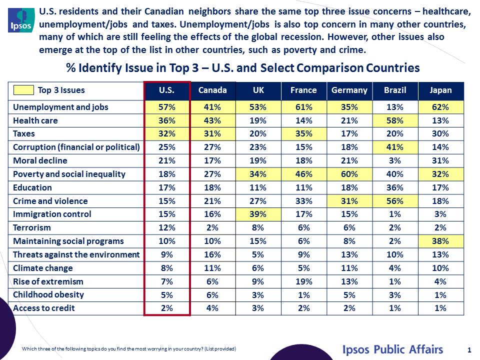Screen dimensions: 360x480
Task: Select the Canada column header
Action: point(212,90)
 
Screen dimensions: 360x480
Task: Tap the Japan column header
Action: point(440,90)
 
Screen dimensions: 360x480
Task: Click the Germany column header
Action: point(349,90)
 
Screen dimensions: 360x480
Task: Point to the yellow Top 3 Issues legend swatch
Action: point(23,90)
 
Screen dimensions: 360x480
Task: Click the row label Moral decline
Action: point(40,160)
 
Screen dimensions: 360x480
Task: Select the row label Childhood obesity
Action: point(48,294)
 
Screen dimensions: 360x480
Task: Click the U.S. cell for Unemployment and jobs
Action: point(167,107)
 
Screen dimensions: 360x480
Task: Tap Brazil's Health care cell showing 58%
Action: point(395,120)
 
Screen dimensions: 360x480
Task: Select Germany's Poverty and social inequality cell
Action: point(349,174)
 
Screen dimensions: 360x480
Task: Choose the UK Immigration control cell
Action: point(258,214)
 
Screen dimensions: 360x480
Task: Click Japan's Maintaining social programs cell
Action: point(440,241)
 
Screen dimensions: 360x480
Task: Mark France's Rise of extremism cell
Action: point(303,281)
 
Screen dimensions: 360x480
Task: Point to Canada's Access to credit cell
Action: point(212,308)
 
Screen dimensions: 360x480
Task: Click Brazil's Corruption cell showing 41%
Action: point(395,147)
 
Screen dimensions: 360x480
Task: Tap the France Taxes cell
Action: point(303,133)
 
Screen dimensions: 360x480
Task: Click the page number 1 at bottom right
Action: point(469,349)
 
